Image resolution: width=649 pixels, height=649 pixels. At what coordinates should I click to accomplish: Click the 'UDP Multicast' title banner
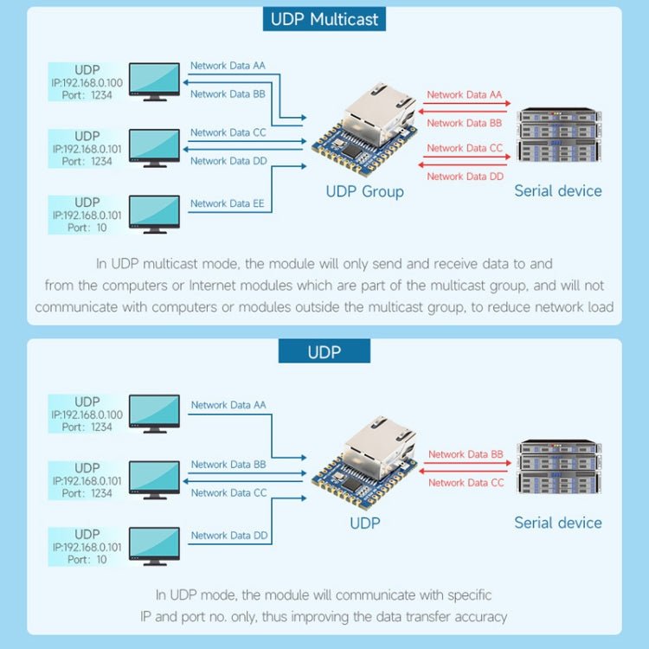click(324, 19)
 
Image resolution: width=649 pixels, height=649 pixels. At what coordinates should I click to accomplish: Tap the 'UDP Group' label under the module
click(364, 191)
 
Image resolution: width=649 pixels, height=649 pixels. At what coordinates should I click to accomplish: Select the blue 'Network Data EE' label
click(228, 203)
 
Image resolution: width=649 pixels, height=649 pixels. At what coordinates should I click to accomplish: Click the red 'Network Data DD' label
click(465, 177)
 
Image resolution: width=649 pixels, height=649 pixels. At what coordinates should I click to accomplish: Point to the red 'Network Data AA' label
click(465, 95)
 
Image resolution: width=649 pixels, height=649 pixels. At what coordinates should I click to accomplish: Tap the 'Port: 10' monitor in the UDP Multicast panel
click(154, 213)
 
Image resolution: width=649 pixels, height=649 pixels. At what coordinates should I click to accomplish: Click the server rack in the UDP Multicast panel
click(558, 135)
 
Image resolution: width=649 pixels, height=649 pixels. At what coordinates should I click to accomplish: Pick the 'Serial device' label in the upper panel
click(558, 191)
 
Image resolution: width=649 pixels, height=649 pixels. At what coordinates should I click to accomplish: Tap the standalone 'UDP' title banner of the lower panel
click(324, 352)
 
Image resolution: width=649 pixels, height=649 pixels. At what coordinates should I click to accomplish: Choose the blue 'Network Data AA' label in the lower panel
click(228, 405)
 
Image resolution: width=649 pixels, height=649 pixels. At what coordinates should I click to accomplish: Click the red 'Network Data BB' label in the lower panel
click(466, 454)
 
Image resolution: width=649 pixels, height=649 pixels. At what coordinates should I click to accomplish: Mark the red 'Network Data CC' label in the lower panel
click(466, 483)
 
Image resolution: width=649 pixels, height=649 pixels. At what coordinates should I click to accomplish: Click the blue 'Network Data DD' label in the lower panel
click(228, 536)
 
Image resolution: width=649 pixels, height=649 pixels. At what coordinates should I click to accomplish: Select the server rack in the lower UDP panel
click(558, 467)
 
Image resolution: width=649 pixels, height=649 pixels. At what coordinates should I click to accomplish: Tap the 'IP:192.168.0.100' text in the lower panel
click(87, 414)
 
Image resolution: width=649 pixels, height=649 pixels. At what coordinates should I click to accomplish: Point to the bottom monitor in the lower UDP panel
click(154, 545)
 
